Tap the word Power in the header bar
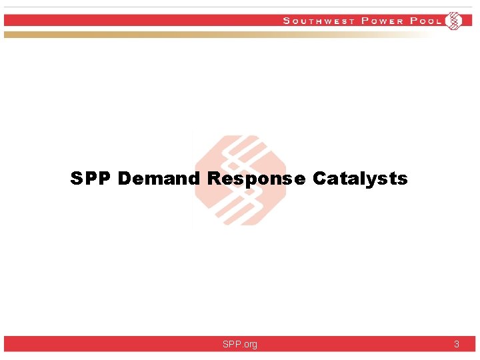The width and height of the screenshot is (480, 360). coord(382,21)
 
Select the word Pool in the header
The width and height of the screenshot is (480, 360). coord(426,21)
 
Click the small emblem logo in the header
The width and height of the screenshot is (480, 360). coord(453,21)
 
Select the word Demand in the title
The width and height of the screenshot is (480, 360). coord(159,179)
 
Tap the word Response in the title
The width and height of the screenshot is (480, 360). coord(257,179)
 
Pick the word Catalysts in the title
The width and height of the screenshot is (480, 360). coord(360,179)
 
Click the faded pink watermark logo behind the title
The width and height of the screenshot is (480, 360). coord(240,143)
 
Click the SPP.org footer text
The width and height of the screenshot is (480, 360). coord(240,344)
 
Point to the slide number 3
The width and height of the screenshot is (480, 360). coord(457,344)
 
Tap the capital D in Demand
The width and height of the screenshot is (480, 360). coord(125,179)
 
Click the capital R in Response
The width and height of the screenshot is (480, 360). coord(214,179)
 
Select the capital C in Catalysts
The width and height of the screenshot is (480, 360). coord(319,179)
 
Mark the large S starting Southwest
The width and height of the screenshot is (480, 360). coord(287,21)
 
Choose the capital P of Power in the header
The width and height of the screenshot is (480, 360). coord(364,21)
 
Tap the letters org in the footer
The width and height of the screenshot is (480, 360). coord(249,344)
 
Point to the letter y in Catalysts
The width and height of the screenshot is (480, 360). coord(375,180)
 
